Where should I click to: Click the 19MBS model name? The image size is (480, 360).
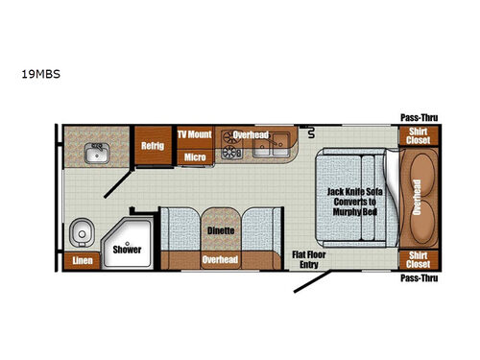point(40,74)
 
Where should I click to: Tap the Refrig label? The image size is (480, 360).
point(153,146)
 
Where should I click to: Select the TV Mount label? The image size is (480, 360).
point(195,134)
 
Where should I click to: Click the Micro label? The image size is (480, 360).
point(195,157)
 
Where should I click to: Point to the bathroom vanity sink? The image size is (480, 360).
point(97,153)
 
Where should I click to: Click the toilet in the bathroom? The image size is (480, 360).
point(82,232)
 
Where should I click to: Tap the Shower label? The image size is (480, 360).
point(127,250)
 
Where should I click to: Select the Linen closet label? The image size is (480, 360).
point(83,260)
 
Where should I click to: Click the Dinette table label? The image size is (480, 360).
point(221,230)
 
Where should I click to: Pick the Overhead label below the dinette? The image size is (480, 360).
point(220,259)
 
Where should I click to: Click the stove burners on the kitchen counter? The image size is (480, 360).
point(231,145)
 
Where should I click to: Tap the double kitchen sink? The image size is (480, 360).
point(271,145)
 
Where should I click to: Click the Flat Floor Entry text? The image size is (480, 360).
point(309,259)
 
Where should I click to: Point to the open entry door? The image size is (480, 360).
point(312,281)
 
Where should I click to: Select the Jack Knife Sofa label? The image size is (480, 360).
point(355,192)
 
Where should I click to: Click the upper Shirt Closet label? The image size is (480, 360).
point(419,135)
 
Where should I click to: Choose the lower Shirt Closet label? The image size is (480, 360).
point(419,259)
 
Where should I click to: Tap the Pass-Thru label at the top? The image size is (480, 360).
point(420,118)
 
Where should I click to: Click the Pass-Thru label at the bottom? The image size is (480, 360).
point(420,278)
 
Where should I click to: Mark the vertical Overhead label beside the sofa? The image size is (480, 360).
point(417,197)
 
